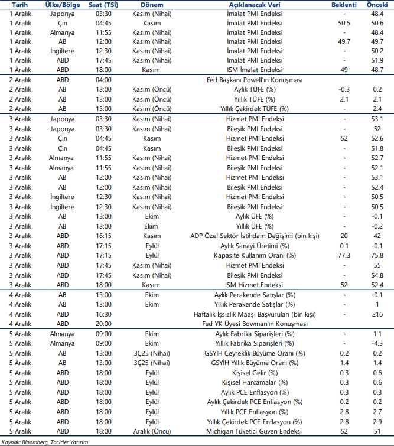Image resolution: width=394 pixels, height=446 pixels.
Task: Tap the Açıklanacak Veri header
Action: [x=255, y=4]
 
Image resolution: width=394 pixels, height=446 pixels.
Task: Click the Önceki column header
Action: [x=377, y=4]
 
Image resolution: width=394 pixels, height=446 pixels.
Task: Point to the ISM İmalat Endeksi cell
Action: [x=255, y=69]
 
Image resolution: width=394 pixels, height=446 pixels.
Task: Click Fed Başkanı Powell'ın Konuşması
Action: [x=255, y=80]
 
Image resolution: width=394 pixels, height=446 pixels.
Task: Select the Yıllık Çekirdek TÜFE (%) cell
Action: [x=255, y=109]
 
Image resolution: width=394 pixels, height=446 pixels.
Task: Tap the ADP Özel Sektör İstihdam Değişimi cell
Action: [x=255, y=236]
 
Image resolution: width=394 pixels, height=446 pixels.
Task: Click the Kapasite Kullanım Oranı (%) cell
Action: [x=255, y=255]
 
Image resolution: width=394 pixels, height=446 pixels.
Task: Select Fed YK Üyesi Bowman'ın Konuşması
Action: [x=255, y=324]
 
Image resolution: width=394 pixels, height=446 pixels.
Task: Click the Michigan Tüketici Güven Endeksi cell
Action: [x=255, y=431]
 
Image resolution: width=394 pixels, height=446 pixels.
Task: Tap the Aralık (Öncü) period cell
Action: [x=152, y=431]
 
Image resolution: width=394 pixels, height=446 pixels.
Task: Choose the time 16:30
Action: [x=103, y=314]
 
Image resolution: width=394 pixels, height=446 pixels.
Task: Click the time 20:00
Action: [x=103, y=324]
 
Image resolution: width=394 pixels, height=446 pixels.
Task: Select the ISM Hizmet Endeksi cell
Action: [x=255, y=285]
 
